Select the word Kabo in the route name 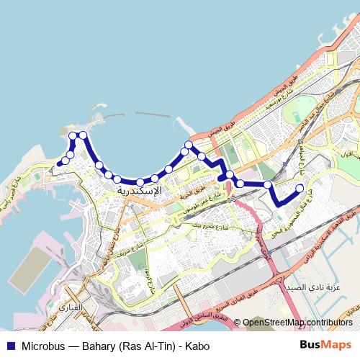197,346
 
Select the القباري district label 79,307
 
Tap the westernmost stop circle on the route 60,163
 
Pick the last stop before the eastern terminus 267,185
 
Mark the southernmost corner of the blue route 277,204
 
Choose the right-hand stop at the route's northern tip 83,135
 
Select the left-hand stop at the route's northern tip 73,135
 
